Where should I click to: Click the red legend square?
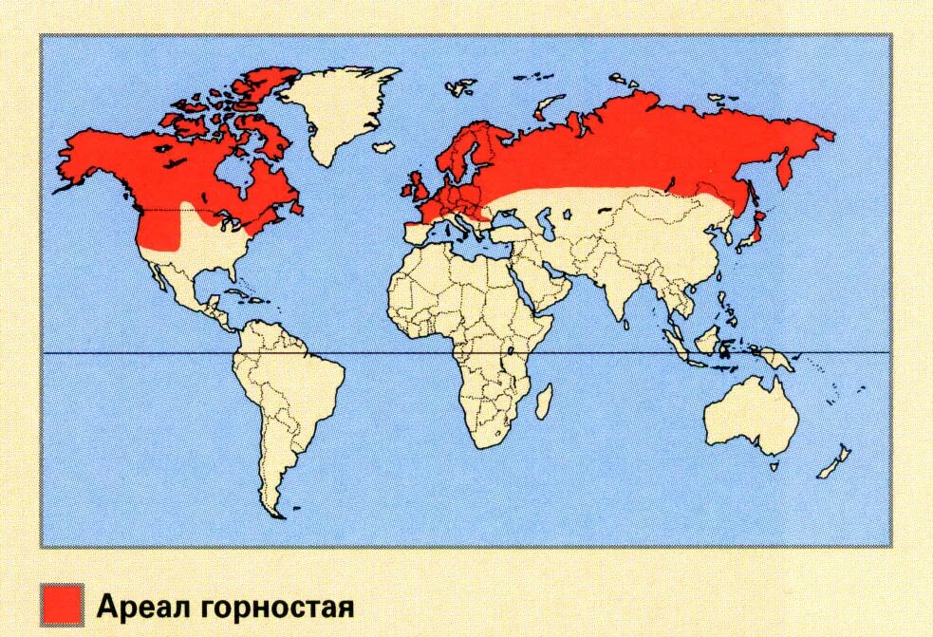63,605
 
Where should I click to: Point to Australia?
751,414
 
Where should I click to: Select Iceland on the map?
384,147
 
